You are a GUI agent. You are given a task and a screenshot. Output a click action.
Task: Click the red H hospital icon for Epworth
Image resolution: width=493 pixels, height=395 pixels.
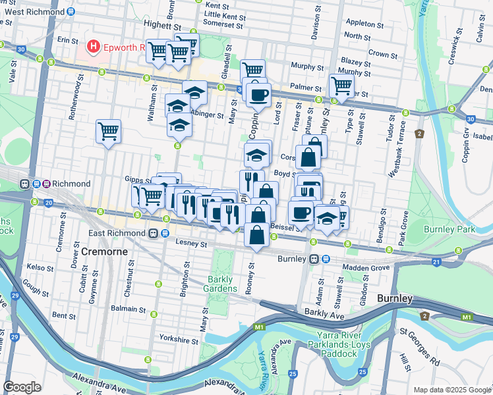click(x=94, y=47)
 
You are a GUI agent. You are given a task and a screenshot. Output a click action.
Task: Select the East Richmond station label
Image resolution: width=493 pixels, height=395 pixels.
click(x=117, y=234)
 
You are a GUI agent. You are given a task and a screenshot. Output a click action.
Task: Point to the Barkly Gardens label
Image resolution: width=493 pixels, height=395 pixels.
click(x=222, y=284)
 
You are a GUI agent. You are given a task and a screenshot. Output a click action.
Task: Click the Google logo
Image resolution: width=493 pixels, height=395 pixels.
click(x=22, y=387)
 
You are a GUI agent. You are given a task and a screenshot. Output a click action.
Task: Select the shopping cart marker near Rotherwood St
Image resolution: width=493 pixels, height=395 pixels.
click(x=108, y=131)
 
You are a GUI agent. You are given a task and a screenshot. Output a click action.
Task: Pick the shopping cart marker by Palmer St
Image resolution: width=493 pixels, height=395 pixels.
click(x=341, y=84)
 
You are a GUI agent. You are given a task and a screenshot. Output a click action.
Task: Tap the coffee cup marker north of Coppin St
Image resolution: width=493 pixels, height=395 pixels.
click(x=259, y=95)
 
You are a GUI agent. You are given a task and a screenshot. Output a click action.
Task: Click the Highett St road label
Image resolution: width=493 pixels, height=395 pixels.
click(x=162, y=24)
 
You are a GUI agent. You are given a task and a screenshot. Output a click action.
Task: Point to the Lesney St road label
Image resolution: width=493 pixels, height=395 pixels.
click(x=191, y=244)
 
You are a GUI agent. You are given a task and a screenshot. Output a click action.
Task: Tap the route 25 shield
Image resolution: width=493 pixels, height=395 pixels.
click(x=362, y=373)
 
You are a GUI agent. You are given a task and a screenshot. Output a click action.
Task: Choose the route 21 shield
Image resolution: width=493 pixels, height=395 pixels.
click(x=436, y=263)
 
